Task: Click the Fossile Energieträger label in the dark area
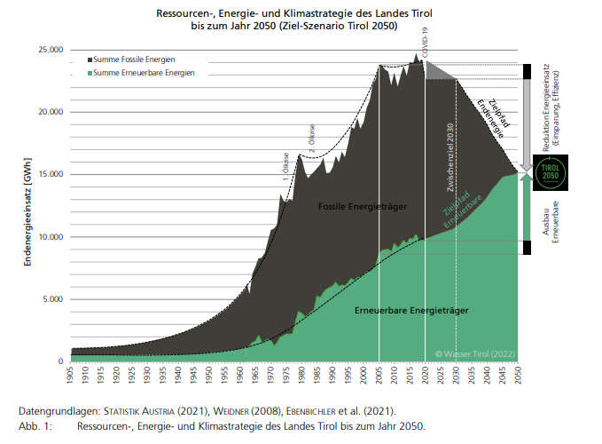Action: (x=363, y=207)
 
